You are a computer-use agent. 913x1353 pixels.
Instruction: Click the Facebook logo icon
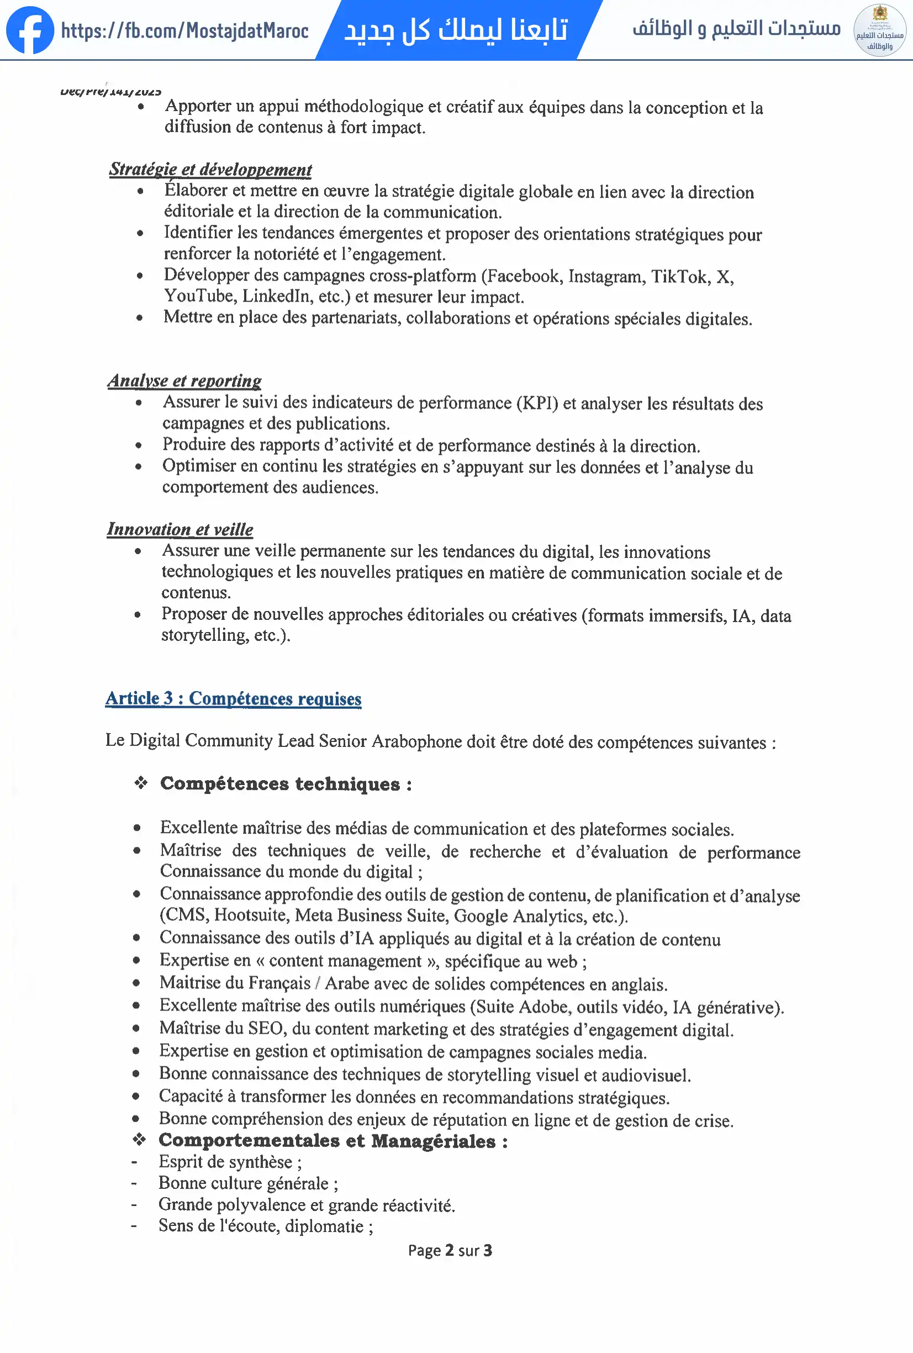pos(30,30)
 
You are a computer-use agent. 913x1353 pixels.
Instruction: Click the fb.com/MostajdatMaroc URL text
pos(184,30)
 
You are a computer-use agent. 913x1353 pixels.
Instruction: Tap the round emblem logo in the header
pos(879,30)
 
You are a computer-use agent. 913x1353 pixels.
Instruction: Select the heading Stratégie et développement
pos(210,170)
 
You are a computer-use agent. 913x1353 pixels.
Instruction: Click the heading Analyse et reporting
pos(184,381)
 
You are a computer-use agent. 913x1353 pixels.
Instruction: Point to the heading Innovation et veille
pos(180,529)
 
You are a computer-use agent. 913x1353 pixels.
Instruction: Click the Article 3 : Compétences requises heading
pos(233,699)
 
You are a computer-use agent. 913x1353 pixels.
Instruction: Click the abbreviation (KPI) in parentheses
pos(537,403)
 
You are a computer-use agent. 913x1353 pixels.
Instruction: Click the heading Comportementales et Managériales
pos(333,1141)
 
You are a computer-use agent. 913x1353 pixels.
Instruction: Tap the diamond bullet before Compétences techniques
pos(141,783)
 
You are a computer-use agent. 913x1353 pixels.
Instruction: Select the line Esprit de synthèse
pos(230,1162)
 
